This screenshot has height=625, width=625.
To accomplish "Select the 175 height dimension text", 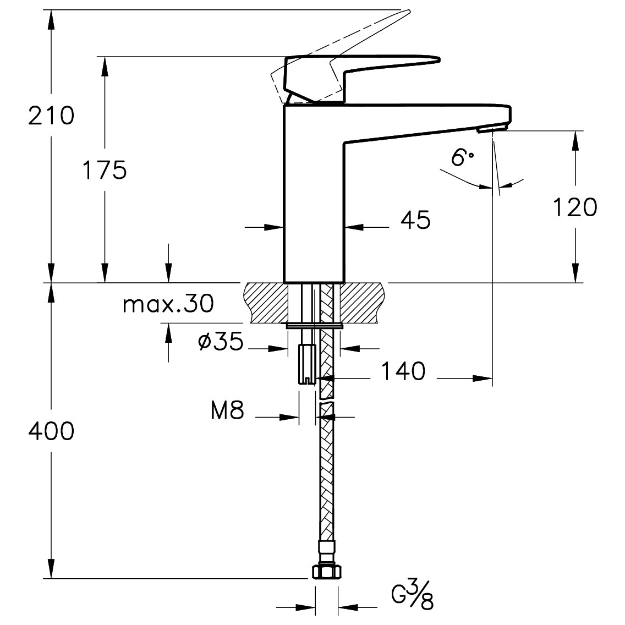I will [104, 170].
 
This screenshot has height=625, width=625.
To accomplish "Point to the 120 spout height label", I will [574, 207].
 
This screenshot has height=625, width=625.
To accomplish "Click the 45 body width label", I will [415, 221].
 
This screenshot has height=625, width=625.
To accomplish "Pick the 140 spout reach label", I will [403, 371].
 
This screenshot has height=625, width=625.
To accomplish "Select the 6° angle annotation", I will [461, 158].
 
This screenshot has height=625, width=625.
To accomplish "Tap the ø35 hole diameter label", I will [220, 342].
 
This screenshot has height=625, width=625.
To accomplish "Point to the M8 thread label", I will [227, 410].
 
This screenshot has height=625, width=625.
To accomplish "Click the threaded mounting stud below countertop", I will [306, 363].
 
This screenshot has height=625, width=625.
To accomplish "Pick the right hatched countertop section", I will [363, 303].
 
